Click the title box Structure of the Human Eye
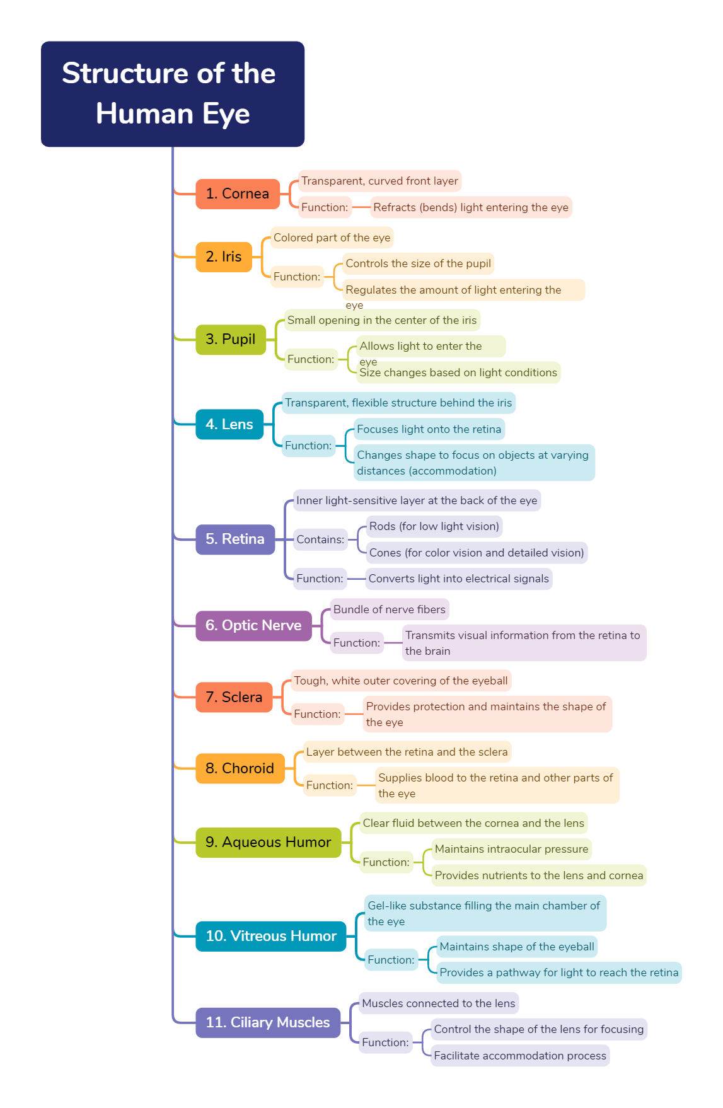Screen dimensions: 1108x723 (172, 94)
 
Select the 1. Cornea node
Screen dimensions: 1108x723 (237, 193)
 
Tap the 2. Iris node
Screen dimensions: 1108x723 (224, 257)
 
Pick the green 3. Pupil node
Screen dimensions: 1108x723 (230, 339)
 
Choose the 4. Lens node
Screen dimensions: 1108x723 (229, 424)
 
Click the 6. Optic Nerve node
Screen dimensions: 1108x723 (253, 625)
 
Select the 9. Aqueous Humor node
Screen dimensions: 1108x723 (268, 842)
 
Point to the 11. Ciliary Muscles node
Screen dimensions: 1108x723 (267, 1022)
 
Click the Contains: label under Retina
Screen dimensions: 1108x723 (320, 540)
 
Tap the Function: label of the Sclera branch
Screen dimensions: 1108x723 (317, 714)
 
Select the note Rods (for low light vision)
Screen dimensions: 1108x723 (434, 526)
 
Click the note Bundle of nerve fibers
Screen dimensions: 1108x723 (389, 609)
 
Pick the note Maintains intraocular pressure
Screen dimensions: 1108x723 (511, 849)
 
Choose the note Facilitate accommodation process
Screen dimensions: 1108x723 (519, 1056)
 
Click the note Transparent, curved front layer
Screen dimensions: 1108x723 (379, 181)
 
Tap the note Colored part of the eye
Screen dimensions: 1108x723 (332, 238)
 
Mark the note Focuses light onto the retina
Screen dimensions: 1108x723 (429, 429)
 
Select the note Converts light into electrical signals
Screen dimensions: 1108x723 (458, 579)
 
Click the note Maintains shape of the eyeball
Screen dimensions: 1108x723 (516, 947)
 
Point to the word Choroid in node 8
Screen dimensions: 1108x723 (248, 768)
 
